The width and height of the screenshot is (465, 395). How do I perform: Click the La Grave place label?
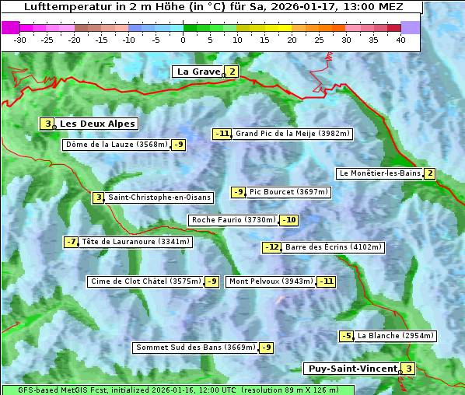point(199,72)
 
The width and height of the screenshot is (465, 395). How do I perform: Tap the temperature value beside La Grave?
point(232,72)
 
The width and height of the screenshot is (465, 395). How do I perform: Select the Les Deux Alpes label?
point(98,124)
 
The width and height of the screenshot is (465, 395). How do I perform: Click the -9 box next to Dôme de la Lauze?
point(179,145)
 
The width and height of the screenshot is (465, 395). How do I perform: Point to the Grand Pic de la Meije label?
point(293,134)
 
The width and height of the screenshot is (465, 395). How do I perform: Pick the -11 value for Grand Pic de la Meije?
point(222,134)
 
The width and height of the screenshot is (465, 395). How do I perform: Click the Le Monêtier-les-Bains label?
point(379,173)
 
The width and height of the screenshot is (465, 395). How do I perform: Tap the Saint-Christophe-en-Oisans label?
point(149,197)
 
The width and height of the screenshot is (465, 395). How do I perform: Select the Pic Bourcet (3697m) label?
point(289,192)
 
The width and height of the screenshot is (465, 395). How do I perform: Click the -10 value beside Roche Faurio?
point(288,220)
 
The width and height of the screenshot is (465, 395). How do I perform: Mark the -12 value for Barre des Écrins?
point(271,247)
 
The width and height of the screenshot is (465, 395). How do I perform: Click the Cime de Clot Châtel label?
point(145,281)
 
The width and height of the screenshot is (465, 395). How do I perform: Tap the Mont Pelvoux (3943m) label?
point(271,281)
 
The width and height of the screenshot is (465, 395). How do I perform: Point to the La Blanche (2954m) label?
point(395,336)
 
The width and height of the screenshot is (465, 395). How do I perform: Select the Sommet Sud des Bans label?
point(195,348)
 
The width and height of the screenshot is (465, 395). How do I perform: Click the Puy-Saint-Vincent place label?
point(352,369)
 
